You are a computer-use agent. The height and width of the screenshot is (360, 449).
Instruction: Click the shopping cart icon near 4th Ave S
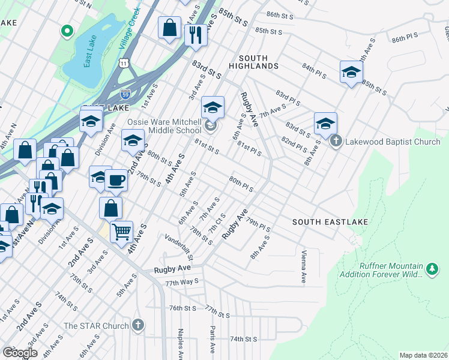[121, 230]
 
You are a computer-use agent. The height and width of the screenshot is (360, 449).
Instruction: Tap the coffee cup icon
[116, 179]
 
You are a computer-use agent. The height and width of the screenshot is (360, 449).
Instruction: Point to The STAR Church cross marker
[138, 326]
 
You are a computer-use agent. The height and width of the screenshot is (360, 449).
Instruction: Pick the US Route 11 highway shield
[123, 62]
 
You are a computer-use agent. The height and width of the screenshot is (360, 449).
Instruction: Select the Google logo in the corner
[20, 352]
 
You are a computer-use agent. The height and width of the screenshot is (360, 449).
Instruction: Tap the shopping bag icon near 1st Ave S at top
[170, 27]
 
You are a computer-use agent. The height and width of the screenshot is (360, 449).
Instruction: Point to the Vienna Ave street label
[304, 267]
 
